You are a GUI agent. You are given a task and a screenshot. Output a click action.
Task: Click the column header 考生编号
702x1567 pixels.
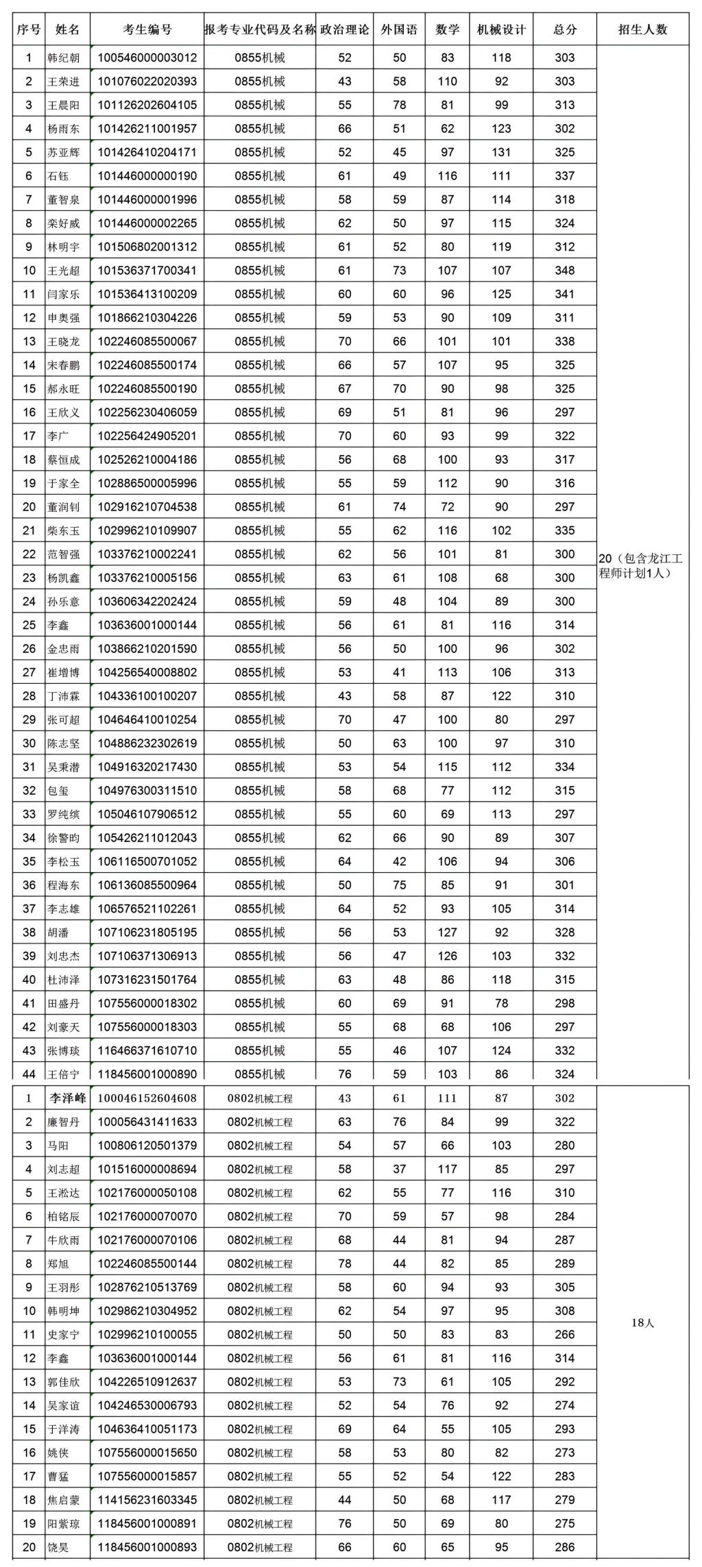click(147, 29)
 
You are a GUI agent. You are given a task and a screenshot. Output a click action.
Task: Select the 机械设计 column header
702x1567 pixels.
click(501, 29)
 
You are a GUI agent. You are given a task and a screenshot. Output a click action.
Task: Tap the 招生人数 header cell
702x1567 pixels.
click(642, 29)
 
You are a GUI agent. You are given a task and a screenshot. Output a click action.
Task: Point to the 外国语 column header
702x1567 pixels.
click(399, 29)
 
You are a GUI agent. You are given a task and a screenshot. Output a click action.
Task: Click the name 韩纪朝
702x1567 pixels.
click(63, 58)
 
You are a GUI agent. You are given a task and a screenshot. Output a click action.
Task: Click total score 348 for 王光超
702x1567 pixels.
click(564, 271)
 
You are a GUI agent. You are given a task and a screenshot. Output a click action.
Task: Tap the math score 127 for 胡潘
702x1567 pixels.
click(447, 933)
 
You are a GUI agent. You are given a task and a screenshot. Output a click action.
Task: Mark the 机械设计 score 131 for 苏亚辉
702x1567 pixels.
click(501, 152)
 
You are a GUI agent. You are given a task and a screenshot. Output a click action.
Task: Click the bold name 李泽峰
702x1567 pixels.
click(67, 1098)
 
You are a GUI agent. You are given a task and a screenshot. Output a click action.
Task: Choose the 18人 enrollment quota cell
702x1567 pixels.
click(642, 1323)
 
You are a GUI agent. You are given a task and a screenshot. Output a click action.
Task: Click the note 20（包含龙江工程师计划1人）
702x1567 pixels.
click(640, 566)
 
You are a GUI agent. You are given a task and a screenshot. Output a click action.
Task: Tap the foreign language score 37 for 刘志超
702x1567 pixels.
click(399, 1170)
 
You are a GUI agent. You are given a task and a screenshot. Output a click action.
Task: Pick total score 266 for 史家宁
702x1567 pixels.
click(564, 1335)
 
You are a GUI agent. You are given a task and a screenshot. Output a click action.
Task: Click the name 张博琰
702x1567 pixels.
click(63, 1051)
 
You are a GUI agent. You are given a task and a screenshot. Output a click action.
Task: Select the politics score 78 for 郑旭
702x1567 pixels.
click(344, 1264)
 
